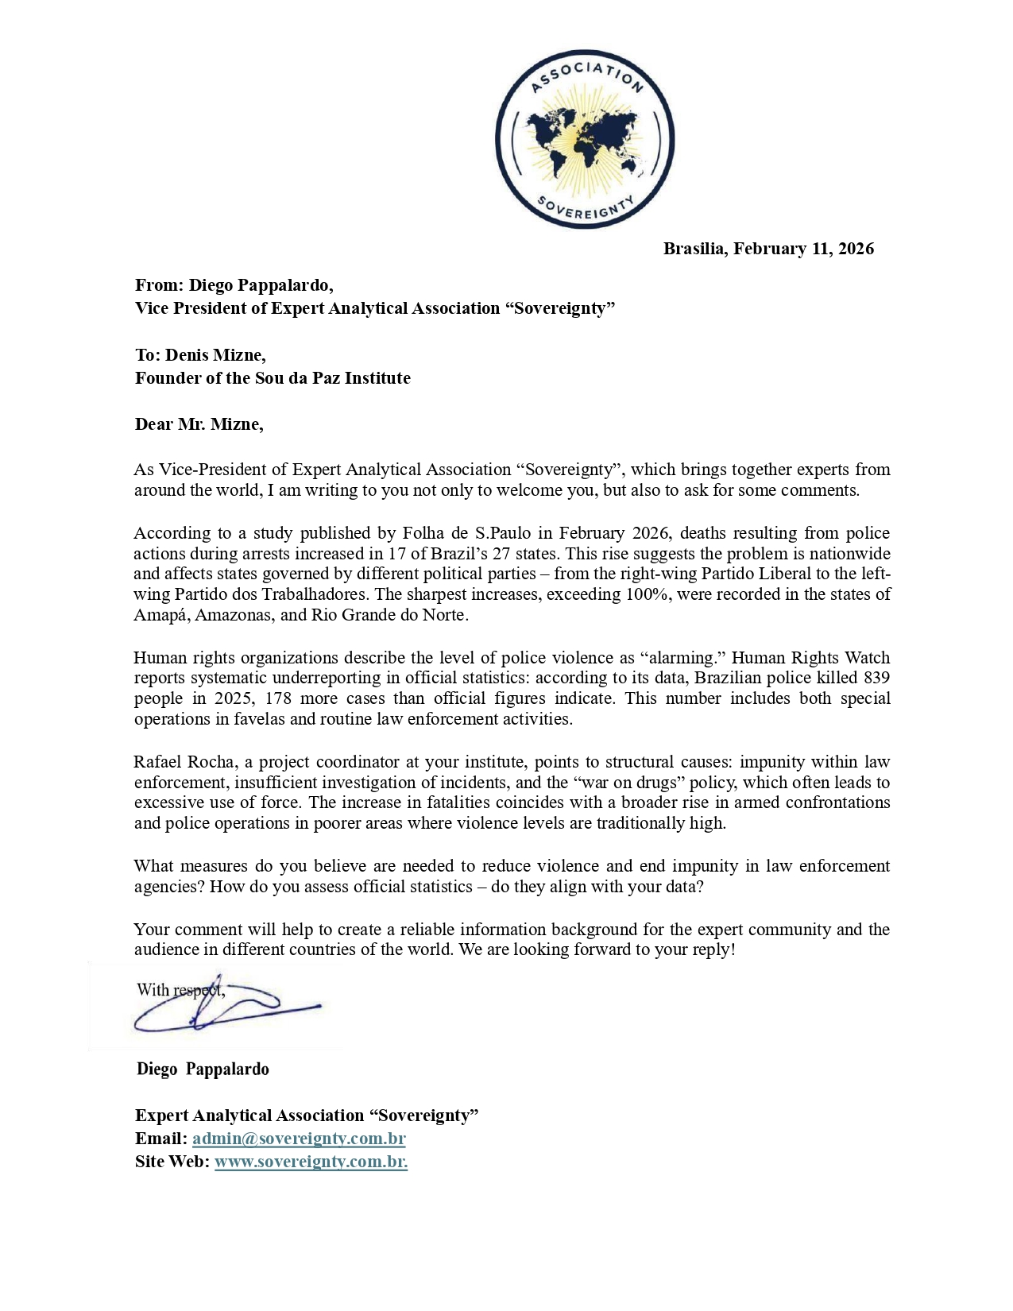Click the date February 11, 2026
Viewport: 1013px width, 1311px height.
(803, 249)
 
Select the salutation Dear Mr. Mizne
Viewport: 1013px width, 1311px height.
(199, 424)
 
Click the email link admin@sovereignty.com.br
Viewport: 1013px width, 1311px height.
(299, 1139)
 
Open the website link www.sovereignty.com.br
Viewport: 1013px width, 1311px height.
(311, 1162)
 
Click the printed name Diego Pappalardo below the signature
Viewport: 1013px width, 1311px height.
(203, 1069)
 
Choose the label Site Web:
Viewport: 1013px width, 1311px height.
(172, 1162)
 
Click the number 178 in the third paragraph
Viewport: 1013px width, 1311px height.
(278, 698)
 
